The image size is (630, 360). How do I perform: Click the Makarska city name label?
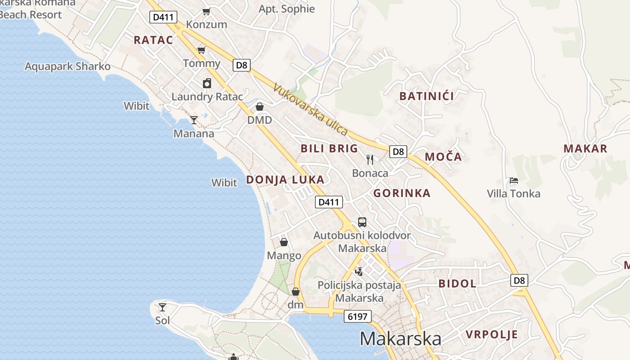pyautogui.click(x=400, y=339)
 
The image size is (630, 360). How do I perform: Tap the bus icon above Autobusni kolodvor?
pyautogui.click(x=362, y=222)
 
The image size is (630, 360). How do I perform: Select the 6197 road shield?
pyautogui.click(x=358, y=316)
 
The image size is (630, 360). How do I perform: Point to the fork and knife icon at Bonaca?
pyautogui.click(x=370, y=159)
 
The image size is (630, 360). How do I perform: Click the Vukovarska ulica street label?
pyautogui.click(x=310, y=110)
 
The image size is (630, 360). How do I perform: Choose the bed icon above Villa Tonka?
pyautogui.click(x=514, y=181)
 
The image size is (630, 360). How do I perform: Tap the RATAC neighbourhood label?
pyautogui.click(x=153, y=40)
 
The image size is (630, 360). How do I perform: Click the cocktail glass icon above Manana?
pyautogui.click(x=194, y=120)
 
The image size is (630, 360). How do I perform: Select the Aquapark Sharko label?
pyautogui.click(x=67, y=67)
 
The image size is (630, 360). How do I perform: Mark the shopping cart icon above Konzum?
pyautogui.click(x=206, y=11)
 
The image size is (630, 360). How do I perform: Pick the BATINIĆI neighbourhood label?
pyautogui.click(x=427, y=96)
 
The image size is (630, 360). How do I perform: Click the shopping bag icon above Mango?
pyautogui.click(x=284, y=242)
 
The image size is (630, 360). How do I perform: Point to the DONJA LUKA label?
pyautogui.click(x=285, y=180)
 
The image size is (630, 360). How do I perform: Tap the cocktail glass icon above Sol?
pyautogui.click(x=162, y=307)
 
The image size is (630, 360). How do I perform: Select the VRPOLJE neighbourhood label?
pyautogui.click(x=492, y=334)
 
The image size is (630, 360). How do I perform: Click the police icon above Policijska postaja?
pyautogui.click(x=359, y=271)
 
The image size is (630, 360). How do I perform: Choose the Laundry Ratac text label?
pyautogui.click(x=207, y=97)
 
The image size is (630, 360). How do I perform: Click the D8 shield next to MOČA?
pyautogui.click(x=398, y=151)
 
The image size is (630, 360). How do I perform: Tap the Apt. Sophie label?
pyautogui.click(x=287, y=9)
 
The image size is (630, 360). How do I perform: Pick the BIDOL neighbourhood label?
pyautogui.click(x=457, y=283)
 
